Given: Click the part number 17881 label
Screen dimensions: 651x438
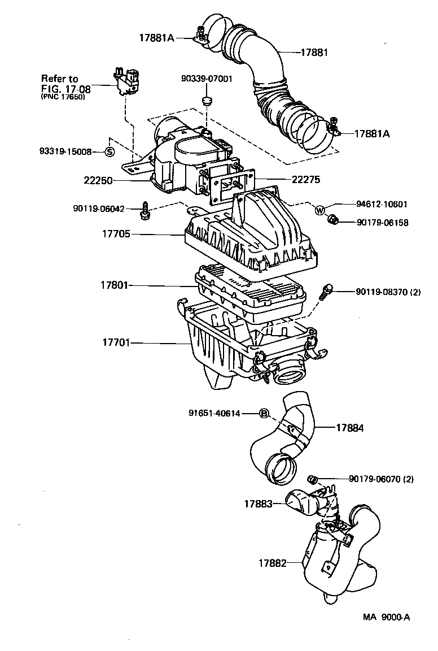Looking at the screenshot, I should click(x=314, y=52).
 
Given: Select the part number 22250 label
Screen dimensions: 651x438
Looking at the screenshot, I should click(x=99, y=181).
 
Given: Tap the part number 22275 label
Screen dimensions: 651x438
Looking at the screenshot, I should click(x=306, y=180).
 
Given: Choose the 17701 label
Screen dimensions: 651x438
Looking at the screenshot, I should click(x=116, y=342).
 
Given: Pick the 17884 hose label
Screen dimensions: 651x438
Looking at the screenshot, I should click(x=350, y=428).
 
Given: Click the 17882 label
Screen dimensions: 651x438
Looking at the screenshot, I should click(x=273, y=563).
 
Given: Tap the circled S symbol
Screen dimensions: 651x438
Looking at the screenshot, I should click(x=109, y=151).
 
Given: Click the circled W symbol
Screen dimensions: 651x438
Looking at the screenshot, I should click(x=320, y=211).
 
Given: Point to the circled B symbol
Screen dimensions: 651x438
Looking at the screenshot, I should click(x=264, y=414).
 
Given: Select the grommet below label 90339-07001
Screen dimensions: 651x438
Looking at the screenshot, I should click(x=207, y=102).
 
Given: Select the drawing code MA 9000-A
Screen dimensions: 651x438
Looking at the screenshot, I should click(x=386, y=617).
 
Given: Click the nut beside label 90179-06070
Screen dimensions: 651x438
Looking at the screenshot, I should click(x=313, y=480).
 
